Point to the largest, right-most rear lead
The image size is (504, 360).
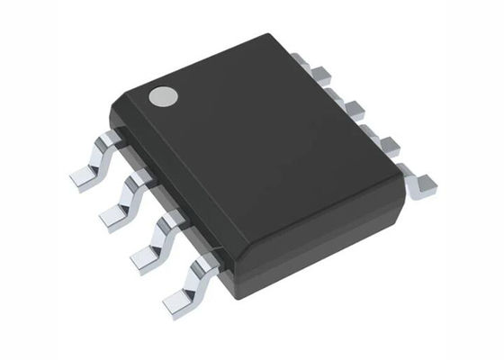(418, 181)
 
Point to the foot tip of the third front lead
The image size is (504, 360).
(144, 257)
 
